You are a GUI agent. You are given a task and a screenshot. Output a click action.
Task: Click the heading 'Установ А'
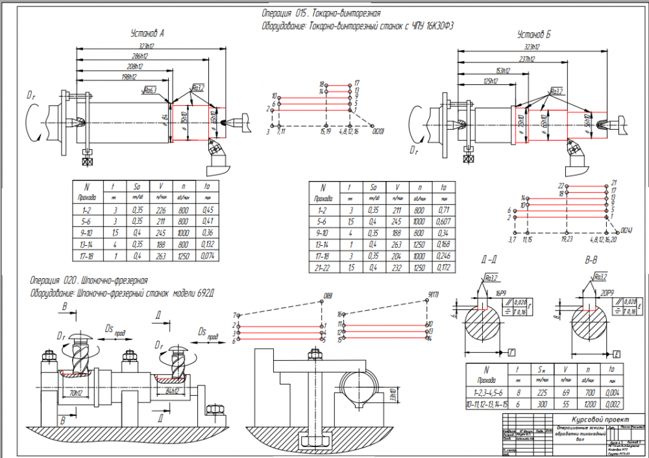click(147, 33)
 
